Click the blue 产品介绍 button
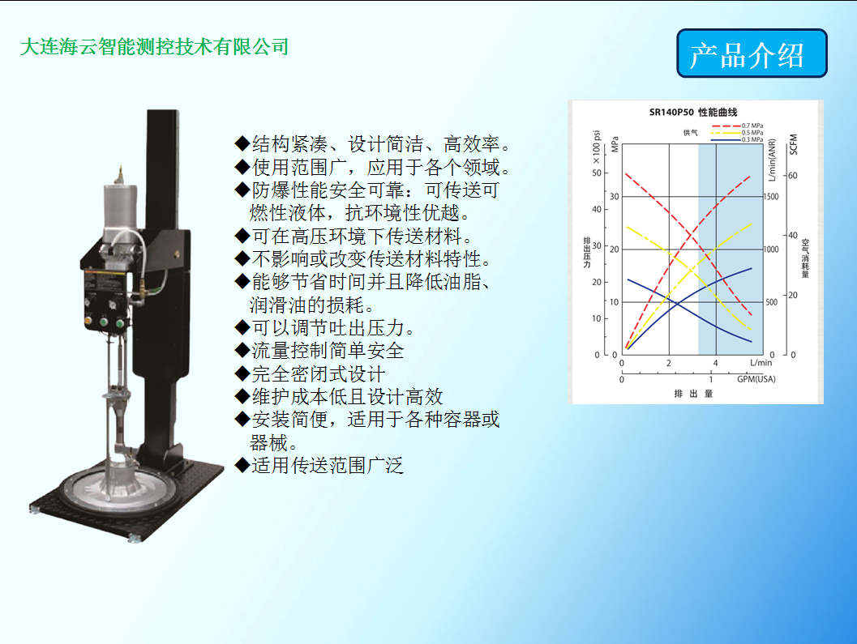(x=752, y=53)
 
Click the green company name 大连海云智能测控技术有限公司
(x=154, y=47)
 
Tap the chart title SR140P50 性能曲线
(x=693, y=112)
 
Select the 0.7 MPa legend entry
(x=737, y=126)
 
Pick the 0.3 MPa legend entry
(x=737, y=140)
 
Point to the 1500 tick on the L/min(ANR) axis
(x=771, y=197)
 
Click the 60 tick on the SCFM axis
(x=792, y=176)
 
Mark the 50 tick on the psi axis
(x=596, y=173)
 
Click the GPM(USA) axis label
(x=756, y=379)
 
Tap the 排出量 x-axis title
(x=693, y=394)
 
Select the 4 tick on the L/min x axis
(x=715, y=363)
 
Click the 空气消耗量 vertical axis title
(x=805, y=258)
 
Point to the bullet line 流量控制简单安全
(x=319, y=351)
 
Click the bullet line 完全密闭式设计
(x=310, y=373)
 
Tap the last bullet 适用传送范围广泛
(x=319, y=466)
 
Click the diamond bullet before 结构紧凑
(x=242, y=143)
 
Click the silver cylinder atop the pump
(x=120, y=212)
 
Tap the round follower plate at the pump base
(x=120, y=488)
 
